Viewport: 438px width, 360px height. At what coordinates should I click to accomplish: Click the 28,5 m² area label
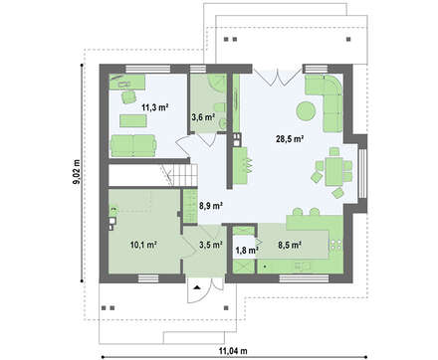tap(290, 139)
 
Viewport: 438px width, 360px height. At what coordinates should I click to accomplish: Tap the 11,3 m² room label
tap(155, 107)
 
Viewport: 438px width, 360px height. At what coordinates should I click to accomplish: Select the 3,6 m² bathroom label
tap(203, 116)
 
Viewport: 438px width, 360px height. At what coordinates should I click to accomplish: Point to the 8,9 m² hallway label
tap(210, 206)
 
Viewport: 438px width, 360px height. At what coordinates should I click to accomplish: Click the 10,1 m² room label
tap(143, 245)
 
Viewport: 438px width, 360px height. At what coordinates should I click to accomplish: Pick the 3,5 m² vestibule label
tap(210, 245)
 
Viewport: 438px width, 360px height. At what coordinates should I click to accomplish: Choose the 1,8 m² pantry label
tap(247, 251)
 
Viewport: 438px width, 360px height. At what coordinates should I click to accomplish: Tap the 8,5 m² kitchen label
tap(290, 245)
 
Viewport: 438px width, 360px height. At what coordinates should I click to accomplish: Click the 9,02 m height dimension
tap(77, 171)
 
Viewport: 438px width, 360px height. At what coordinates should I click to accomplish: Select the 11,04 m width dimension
tap(233, 350)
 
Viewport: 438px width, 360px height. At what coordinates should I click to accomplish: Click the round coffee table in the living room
tap(306, 110)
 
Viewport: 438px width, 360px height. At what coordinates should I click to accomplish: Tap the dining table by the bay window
tap(333, 171)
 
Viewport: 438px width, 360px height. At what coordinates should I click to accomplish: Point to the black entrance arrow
tap(197, 287)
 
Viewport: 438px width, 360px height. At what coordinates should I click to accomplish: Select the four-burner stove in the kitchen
tap(335, 245)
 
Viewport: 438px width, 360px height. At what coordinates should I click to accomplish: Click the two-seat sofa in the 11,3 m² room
tap(133, 145)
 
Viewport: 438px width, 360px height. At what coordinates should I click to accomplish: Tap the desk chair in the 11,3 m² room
tap(128, 96)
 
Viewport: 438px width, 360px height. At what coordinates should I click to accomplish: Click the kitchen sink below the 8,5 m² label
tap(302, 266)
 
